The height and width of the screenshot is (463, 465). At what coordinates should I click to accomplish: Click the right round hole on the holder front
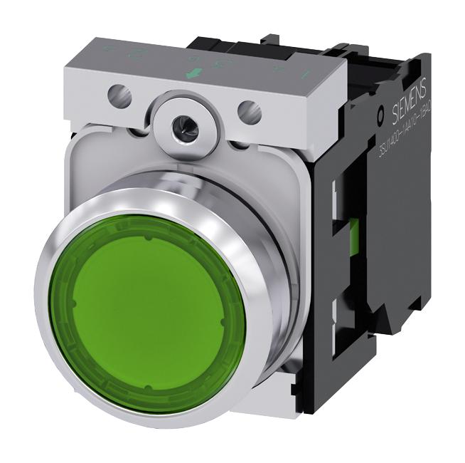(x=247, y=110)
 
